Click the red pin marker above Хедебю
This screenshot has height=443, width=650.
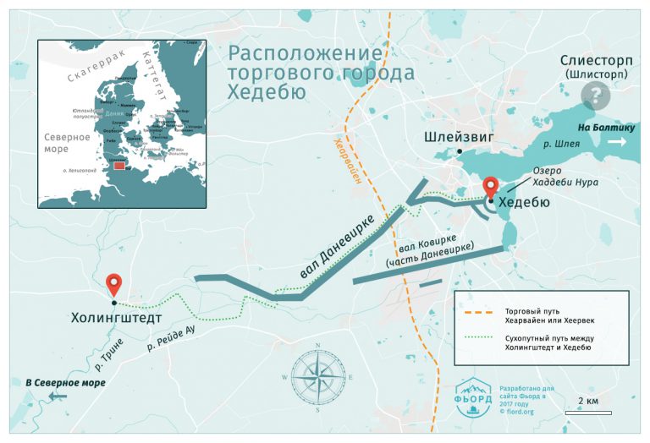click(490, 187)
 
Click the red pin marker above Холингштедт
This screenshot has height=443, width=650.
click(113, 285)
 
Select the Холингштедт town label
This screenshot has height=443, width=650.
click(114, 320)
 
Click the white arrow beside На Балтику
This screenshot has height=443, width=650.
click(618, 142)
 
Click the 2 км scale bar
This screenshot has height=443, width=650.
click(590, 412)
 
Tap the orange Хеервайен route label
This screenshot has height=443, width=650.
click(343, 161)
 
